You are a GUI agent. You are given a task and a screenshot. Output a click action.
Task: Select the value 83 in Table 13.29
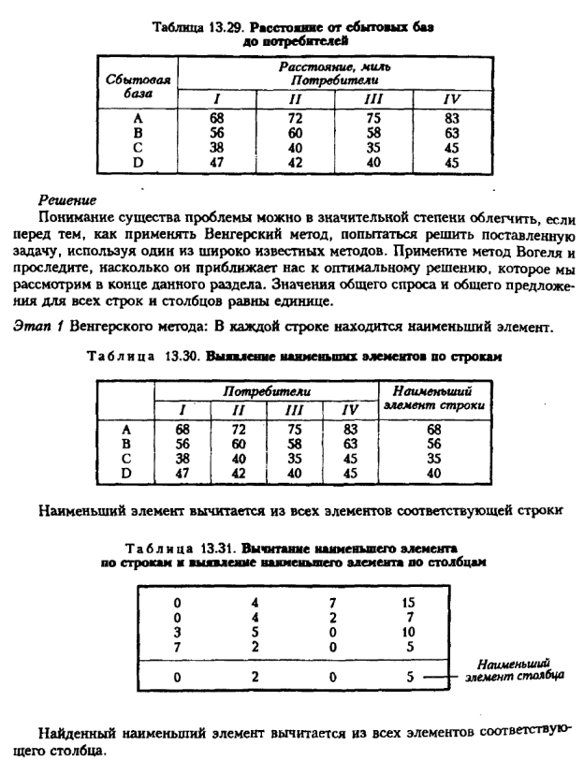pyautogui.click(x=452, y=118)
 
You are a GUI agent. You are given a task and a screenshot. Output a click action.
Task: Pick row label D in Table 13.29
pyautogui.click(x=138, y=162)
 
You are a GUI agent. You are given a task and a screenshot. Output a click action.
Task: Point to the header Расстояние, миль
pyautogui.click(x=335, y=68)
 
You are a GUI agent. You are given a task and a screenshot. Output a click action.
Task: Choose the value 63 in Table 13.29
pyautogui.click(x=452, y=133)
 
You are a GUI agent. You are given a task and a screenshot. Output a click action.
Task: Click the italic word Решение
pyautogui.click(x=68, y=198)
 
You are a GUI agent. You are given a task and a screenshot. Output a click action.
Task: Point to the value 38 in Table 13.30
pyautogui.click(x=182, y=459)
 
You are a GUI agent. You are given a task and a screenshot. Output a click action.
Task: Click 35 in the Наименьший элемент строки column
pyautogui.click(x=431, y=459)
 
